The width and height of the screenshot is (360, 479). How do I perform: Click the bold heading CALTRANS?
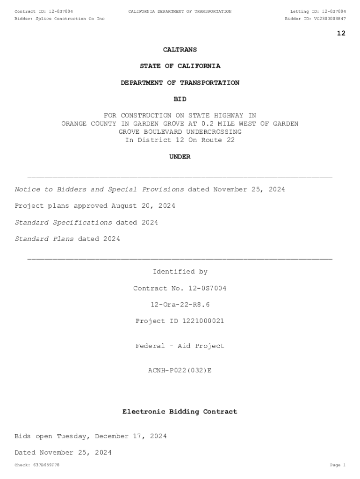(180, 50)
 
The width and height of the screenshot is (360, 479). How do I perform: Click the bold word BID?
(180, 99)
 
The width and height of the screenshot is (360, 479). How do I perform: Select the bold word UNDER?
(180, 157)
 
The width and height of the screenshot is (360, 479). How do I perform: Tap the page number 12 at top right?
(341, 33)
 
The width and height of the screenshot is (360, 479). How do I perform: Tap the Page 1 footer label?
(338, 465)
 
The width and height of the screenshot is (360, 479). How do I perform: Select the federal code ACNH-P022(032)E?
(180, 370)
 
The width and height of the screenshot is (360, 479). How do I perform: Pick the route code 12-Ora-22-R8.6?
(180, 305)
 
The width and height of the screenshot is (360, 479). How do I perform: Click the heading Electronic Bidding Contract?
(180, 412)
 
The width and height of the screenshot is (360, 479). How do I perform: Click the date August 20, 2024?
(143, 206)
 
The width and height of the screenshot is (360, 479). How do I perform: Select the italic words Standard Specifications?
(63, 223)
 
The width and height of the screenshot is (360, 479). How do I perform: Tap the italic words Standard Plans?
(44, 239)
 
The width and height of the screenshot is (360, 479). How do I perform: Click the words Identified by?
(180, 272)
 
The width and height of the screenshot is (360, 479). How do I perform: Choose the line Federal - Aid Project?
(180, 346)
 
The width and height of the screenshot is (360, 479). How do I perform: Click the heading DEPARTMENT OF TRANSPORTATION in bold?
(180, 83)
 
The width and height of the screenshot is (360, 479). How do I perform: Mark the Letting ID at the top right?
(318, 11)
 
